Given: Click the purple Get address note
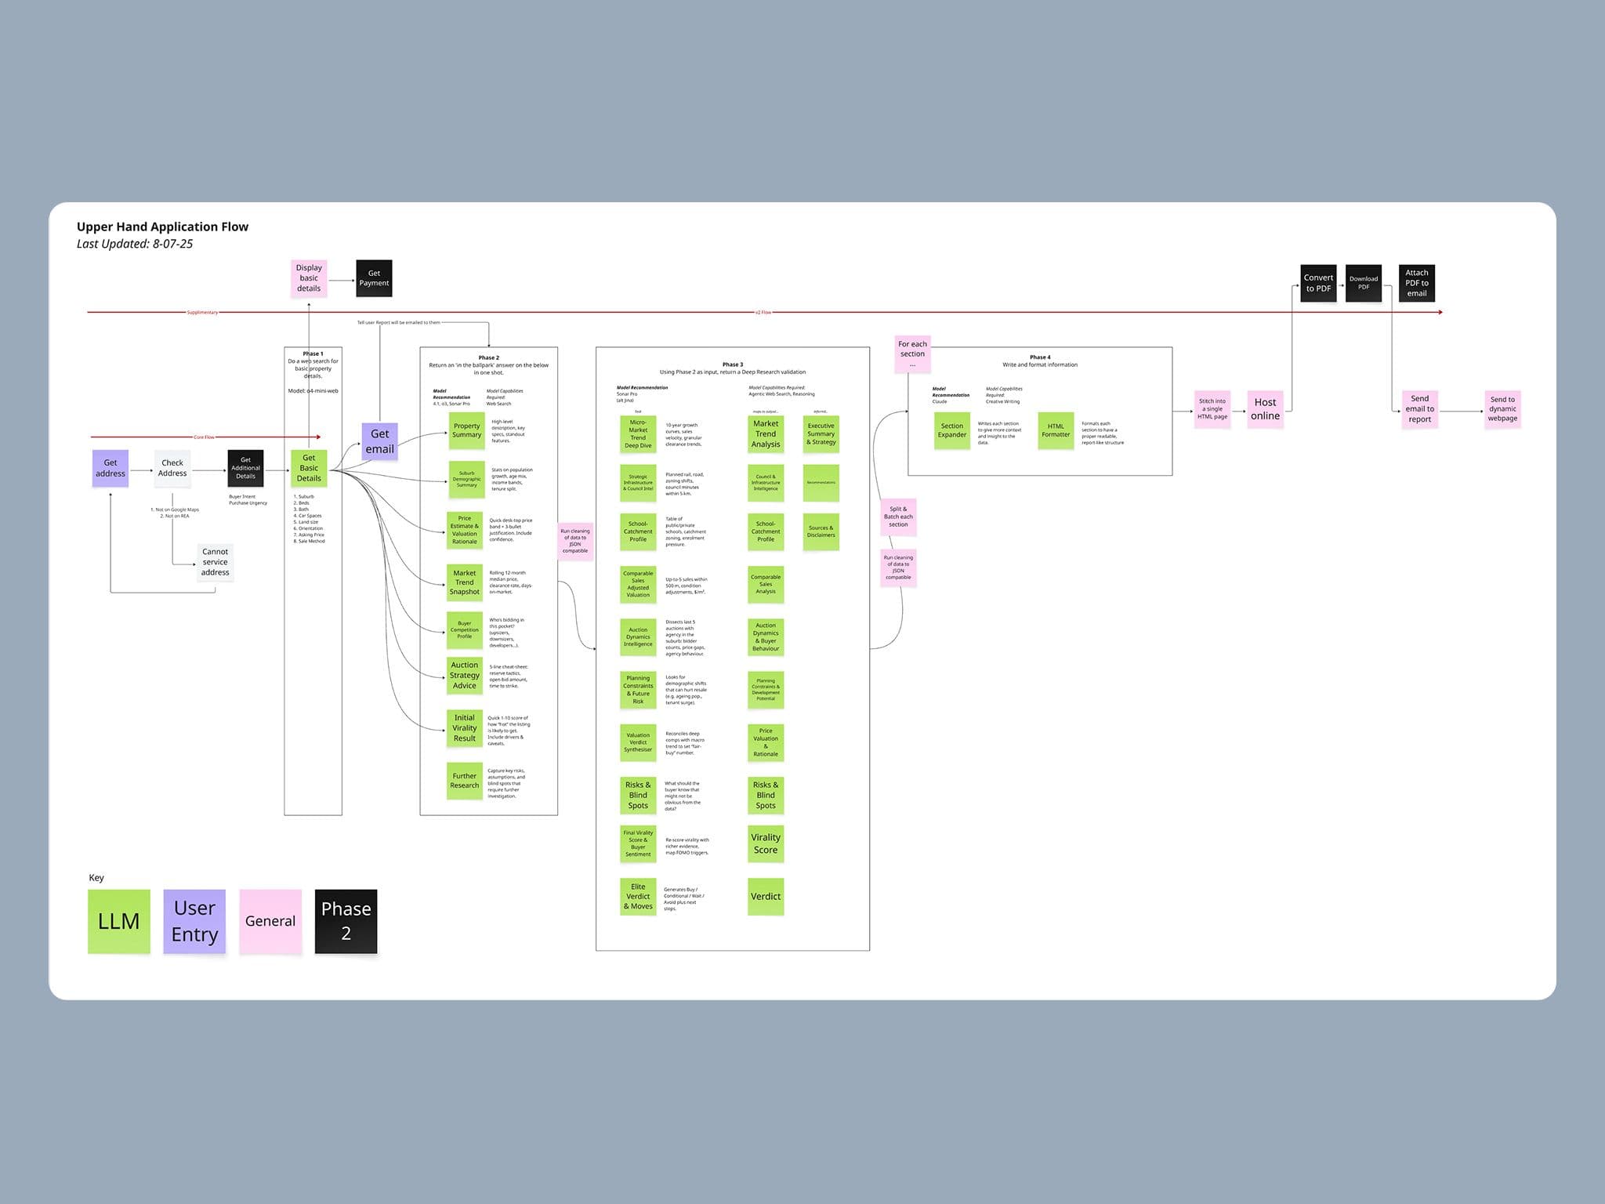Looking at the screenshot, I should [x=111, y=468].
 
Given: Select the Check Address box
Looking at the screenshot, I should [x=172, y=468].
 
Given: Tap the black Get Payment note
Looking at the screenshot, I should [x=374, y=278].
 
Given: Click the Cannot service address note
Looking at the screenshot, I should [x=215, y=562].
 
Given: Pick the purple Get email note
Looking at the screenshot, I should [x=379, y=441].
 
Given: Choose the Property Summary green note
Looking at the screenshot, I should [x=466, y=430].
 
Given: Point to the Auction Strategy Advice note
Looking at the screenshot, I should [x=465, y=675].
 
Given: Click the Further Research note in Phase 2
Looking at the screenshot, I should [x=465, y=781].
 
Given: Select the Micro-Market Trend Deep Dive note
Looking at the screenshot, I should [x=638, y=433].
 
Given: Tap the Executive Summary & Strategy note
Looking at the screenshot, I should [x=821, y=434].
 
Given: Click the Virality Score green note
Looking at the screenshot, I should [x=766, y=843].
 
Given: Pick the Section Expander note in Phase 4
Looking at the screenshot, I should [x=952, y=430].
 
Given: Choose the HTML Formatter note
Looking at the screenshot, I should [x=1056, y=430].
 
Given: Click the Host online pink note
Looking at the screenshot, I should [x=1265, y=409].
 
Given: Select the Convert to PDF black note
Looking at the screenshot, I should [x=1318, y=283].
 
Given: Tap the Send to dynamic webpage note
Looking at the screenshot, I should [x=1502, y=409].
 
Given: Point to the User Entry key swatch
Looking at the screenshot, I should [x=194, y=921].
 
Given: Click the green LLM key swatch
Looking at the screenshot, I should [x=119, y=921].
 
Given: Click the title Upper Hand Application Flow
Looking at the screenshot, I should [x=162, y=227].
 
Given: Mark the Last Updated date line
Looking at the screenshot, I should [x=135, y=244].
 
